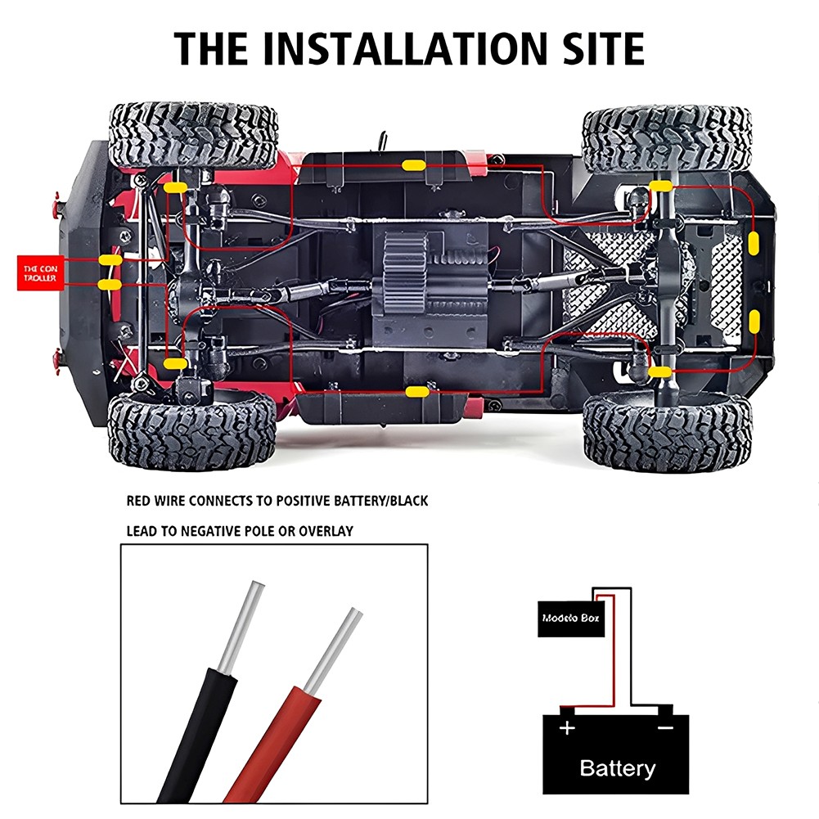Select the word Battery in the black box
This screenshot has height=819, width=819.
click(x=617, y=767)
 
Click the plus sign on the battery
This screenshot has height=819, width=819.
click(x=567, y=727)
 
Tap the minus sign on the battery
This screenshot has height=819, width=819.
click(x=664, y=727)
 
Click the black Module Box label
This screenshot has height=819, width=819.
click(x=571, y=619)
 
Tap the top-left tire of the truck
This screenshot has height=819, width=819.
click(x=193, y=134)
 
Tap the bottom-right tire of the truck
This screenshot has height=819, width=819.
click(x=667, y=431)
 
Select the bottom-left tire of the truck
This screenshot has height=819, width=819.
click(x=191, y=431)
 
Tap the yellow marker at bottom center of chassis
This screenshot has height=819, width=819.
click(x=416, y=392)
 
